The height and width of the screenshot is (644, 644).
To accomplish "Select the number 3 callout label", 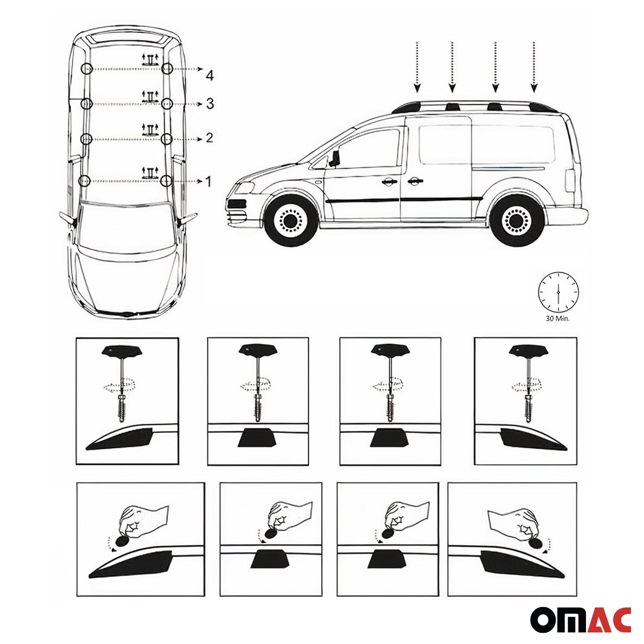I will tap(210, 104).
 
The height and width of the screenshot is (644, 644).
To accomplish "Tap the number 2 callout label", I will tap(209, 138).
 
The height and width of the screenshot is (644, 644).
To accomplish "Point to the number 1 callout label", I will tap(208, 181).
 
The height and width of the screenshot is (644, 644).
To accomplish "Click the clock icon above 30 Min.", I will tap(558, 291).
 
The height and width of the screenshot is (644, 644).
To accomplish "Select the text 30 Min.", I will tap(558, 319).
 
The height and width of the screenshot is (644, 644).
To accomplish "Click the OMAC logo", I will tap(580, 619).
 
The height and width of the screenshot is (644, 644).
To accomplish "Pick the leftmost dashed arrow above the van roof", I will tap(417, 67).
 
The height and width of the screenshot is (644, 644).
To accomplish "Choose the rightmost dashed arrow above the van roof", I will tap(534, 67).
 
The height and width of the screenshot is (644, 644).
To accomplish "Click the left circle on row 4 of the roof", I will tap(87, 69).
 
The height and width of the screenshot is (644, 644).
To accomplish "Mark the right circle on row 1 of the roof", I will tap(166, 180).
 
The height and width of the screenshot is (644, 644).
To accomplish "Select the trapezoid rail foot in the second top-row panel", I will tap(258, 439).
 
